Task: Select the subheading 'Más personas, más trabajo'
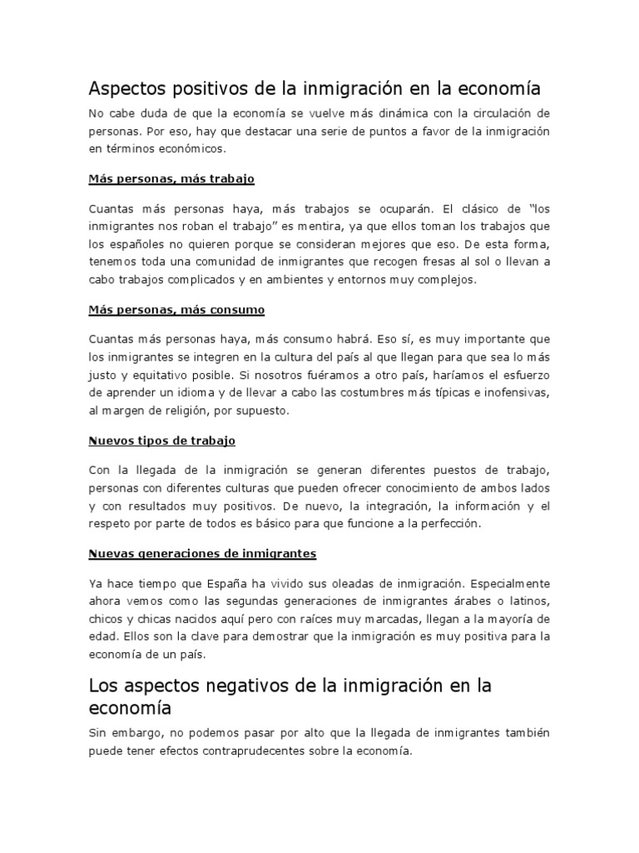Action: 171,179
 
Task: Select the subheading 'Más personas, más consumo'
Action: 176,310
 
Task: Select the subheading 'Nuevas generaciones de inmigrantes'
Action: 202,553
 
